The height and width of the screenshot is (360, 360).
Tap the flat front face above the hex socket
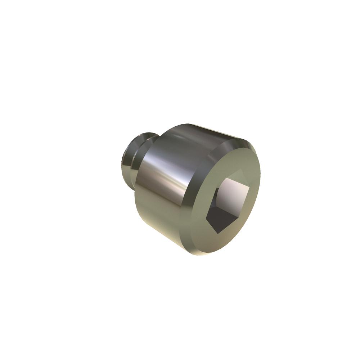238,162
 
